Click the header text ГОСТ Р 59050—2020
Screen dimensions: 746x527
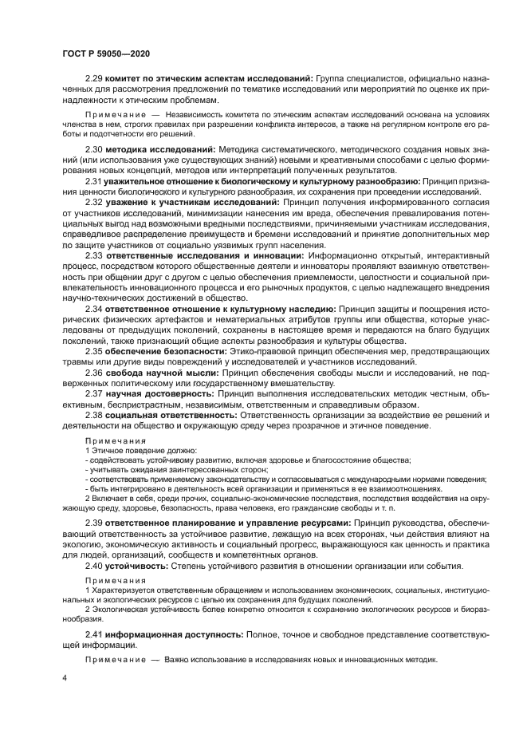tap(106, 53)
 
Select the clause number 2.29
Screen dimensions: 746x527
tap(95, 81)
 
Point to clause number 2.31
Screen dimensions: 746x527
tap(95, 181)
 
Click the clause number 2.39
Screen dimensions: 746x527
tap(95, 523)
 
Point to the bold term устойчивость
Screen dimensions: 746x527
tap(137, 565)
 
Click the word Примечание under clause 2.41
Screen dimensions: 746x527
tap(113, 660)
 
